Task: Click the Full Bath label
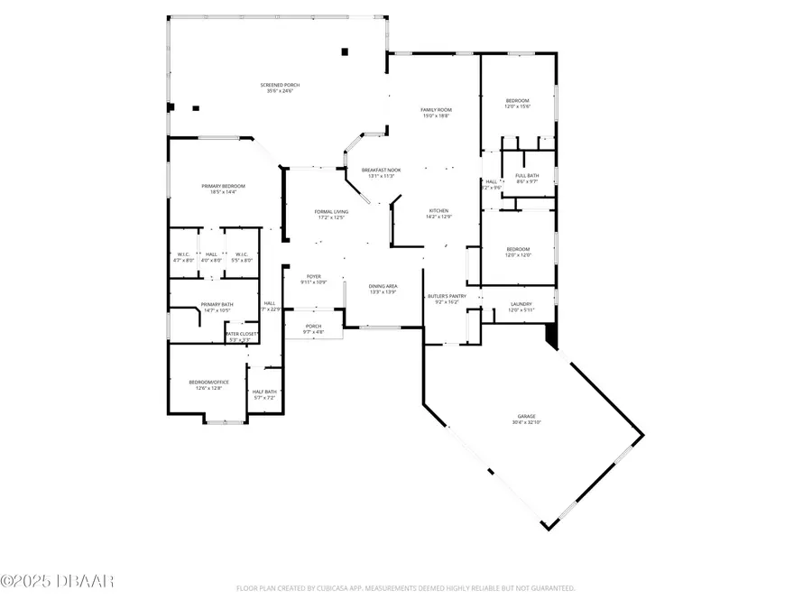527,178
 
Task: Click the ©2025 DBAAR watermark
57,580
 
